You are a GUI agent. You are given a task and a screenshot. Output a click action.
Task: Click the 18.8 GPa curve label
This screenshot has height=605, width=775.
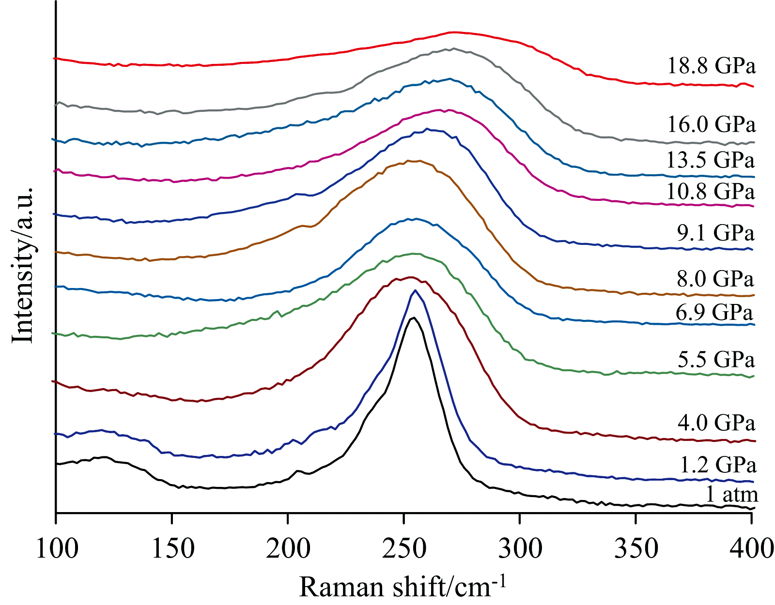711,65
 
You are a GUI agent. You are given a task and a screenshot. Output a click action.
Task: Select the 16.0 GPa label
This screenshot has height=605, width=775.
711,124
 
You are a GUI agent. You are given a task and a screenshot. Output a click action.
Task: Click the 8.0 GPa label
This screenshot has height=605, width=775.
715,279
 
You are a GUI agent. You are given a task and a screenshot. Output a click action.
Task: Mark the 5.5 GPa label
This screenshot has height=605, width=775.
716,360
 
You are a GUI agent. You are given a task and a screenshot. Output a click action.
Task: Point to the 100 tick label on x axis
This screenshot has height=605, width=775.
57,548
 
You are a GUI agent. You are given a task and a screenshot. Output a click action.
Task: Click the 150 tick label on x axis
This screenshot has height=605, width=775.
173,548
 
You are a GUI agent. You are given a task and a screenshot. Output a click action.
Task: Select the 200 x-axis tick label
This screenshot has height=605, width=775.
289,548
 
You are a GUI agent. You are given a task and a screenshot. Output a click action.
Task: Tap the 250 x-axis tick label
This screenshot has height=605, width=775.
404,548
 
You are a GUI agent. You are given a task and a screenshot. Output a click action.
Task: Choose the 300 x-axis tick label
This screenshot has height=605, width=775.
520,548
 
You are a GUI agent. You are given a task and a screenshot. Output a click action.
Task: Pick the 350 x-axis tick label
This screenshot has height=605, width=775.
635,548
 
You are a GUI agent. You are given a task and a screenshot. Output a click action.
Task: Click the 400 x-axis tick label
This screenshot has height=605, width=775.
751,548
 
